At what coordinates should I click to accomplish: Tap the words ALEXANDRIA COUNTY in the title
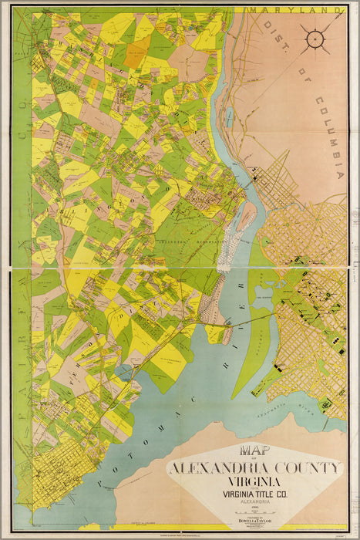[x=254, y=467]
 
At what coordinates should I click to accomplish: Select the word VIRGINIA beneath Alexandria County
[x=255, y=482]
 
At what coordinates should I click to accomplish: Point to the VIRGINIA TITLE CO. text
[x=255, y=496]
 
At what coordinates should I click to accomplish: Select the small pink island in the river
[x=245, y=217]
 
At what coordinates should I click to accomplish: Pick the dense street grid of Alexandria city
[x=54, y=478]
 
